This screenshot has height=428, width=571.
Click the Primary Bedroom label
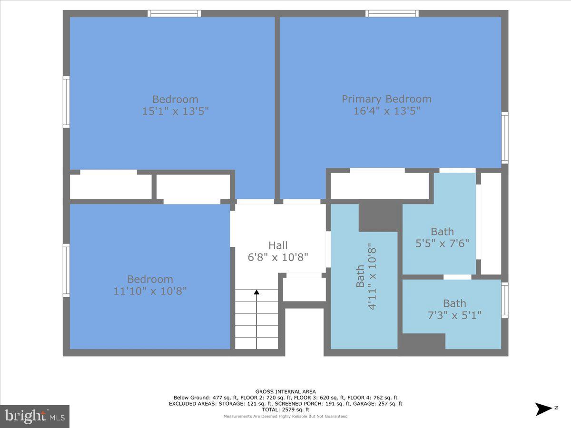[386, 99]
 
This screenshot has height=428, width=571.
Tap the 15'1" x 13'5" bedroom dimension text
[175, 111]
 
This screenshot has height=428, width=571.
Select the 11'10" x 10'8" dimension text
[150, 291]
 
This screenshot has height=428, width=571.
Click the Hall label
[278, 245]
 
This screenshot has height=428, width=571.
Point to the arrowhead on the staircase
[256, 292]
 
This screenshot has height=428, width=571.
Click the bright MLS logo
[35, 416]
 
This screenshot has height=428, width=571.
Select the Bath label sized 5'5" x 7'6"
[442, 232]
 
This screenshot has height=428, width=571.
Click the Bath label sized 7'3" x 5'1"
[454, 303]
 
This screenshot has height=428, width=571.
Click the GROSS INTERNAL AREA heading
[285, 392]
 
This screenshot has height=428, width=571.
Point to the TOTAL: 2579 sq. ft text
[285, 409]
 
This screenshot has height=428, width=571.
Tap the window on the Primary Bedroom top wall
[392, 13]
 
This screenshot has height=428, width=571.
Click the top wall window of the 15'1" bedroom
[174, 13]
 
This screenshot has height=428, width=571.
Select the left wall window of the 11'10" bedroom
[66, 271]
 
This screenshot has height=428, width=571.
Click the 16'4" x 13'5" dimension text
[386, 111]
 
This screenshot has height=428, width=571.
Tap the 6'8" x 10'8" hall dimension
[278, 257]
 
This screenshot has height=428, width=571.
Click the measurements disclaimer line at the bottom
[285, 416]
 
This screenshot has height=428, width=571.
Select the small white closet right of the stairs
[305, 289]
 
